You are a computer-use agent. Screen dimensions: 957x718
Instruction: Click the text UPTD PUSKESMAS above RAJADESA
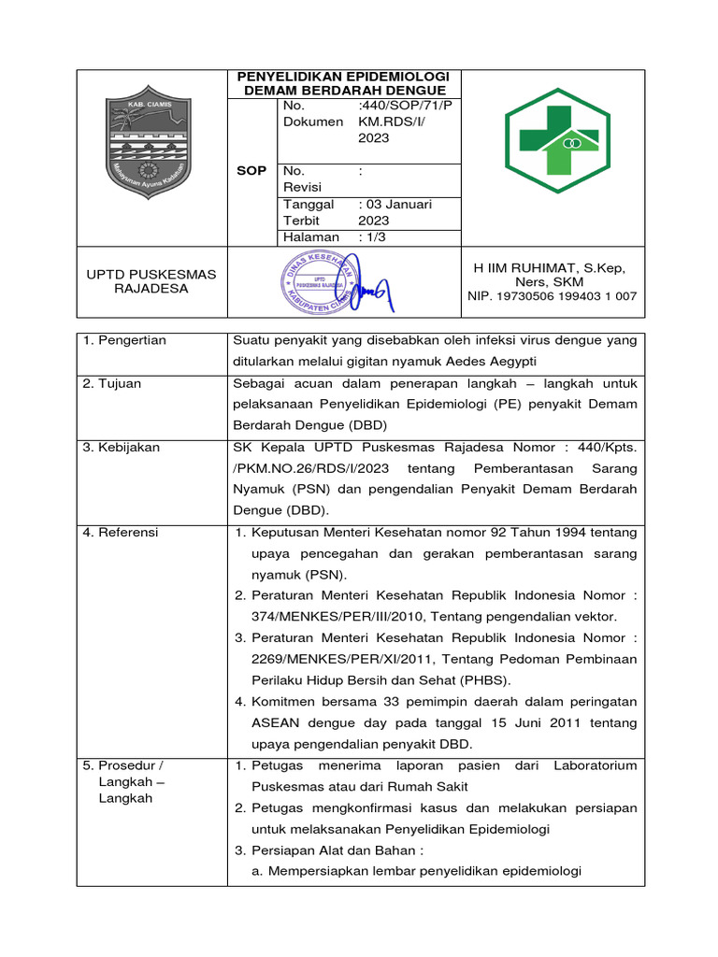151,274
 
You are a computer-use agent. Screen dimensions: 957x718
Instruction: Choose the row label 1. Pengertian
124,340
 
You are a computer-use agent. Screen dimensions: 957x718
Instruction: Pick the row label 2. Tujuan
112,384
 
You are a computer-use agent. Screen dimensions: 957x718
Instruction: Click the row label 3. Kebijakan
122,448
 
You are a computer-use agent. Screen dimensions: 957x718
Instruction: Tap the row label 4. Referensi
121,533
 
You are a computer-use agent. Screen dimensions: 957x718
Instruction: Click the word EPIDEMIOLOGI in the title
394,76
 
